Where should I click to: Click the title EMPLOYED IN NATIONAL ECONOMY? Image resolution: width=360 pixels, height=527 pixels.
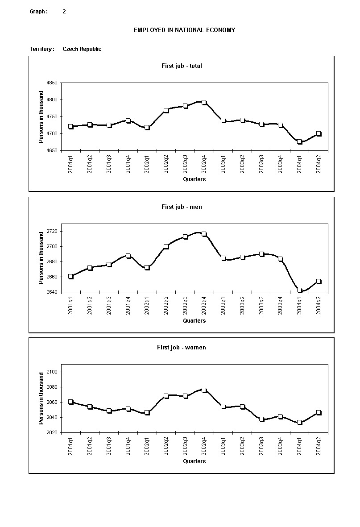click(x=184, y=30)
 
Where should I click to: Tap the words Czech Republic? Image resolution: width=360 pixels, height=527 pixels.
click(x=82, y=49)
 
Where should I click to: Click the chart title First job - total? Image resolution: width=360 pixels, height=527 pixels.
click(x=182, y=66)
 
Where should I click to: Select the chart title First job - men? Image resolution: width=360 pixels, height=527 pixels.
click(x=182, y=207)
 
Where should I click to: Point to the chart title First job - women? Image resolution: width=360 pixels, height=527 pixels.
click(x=181, y=347)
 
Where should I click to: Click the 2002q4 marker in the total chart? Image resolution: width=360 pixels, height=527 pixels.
click(x=204, y=102)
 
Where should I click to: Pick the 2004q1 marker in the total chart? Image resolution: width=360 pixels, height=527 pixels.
click(x=300, y=142)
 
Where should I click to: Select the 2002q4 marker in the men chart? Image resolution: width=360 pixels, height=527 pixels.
click(x=204, y=234)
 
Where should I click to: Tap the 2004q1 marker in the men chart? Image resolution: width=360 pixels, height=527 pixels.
click(x=300, y=290)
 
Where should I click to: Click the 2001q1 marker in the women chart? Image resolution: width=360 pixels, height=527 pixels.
click(x=70, y=402)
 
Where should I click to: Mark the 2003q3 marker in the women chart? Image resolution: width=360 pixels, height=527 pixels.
click(x=262, y=419)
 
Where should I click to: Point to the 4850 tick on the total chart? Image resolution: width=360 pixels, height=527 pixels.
click(x=52, y=83)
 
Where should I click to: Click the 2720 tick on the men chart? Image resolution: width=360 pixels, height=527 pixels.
click(x=52, y=231)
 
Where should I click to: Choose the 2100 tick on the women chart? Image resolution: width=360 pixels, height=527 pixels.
click(x=52, y=372)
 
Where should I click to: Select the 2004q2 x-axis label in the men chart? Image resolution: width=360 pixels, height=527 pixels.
click(x=319, y=305)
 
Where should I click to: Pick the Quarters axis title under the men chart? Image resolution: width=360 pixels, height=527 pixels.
click(x=194, y=320)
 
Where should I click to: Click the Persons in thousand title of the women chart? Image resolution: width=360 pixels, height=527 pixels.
click(x=41, y=398)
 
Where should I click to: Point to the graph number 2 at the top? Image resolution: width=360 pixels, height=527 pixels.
click(x=64, y=12)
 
